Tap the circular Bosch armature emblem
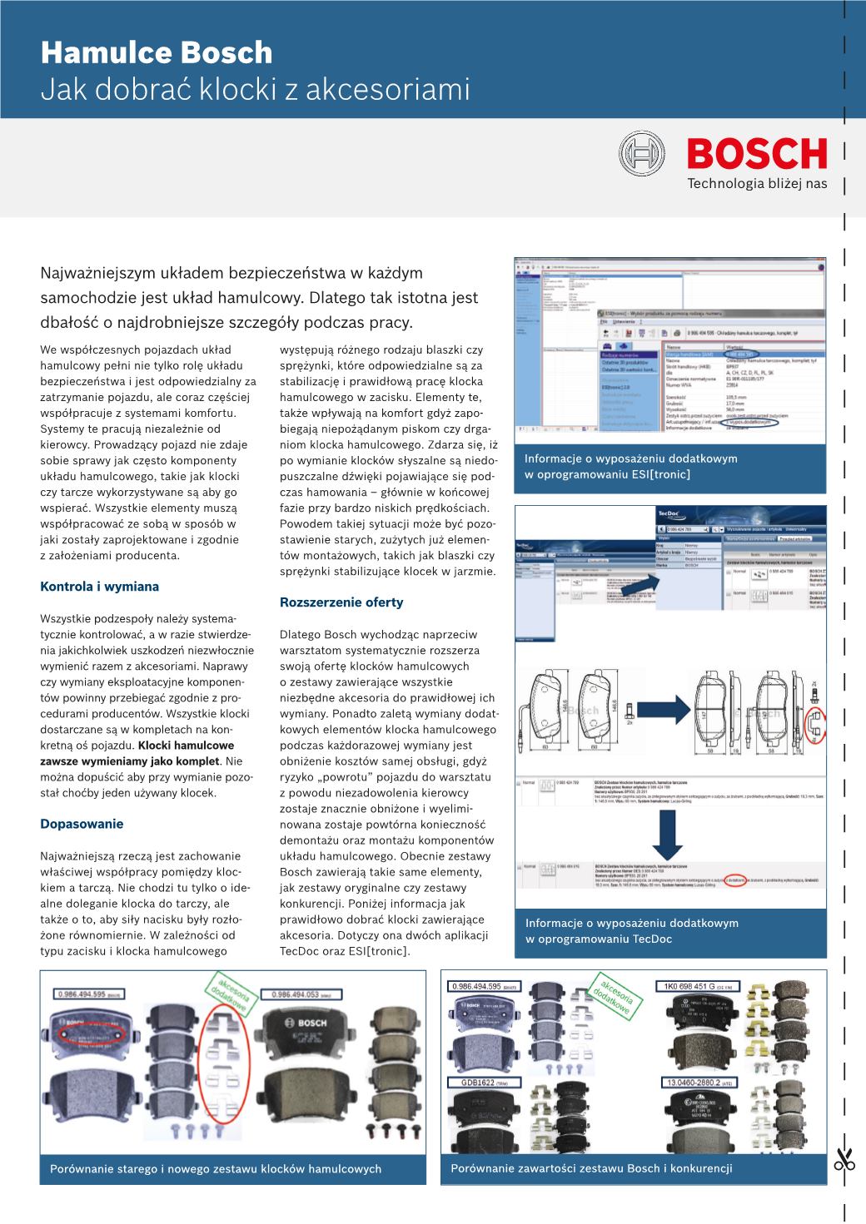[x=641, y=155]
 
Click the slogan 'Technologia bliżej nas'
[x=757, y=183]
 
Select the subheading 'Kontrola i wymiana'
[x=99, y=586]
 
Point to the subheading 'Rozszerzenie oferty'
[x=341, y=602]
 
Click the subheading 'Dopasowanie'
[x=82, y=824]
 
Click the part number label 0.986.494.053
[x=301, y=994]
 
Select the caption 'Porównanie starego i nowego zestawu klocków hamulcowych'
[x=216, y=1169]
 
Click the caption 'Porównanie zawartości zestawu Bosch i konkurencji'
[x=591, y=1168]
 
